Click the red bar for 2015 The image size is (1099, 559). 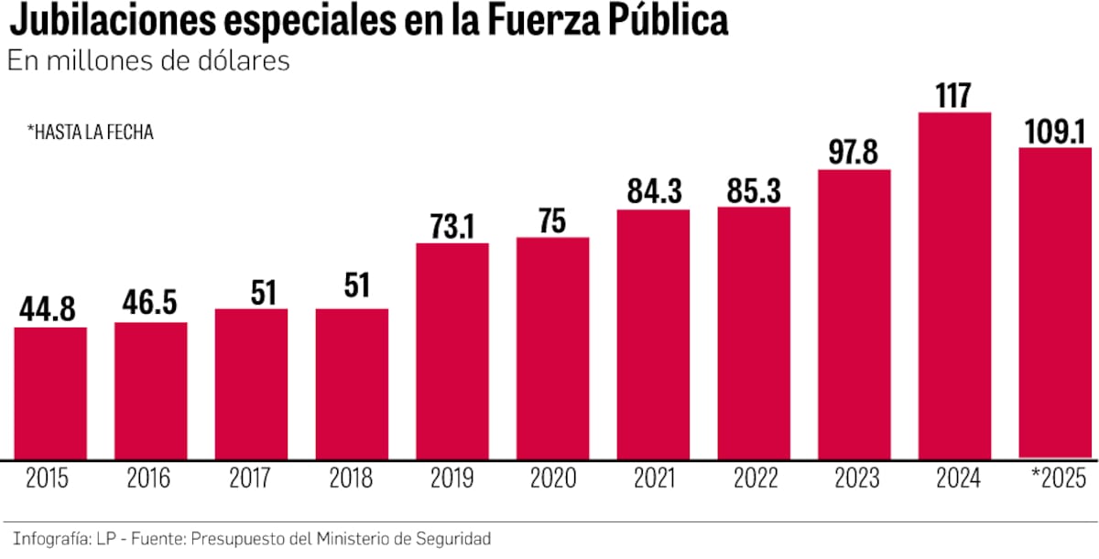point(50,392)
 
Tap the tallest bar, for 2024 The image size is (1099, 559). point(954,285)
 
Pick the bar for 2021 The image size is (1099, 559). point(653,334)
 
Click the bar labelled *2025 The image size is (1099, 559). point(1055,303)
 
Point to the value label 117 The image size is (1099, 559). point(954,95)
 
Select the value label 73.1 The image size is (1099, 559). point(452,226)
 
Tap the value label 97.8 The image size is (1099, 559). point(854,153)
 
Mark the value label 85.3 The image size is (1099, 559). point(754,190)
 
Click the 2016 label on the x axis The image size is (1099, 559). point(150,478)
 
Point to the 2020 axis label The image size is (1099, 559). point(552,478)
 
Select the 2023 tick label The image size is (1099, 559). point(854,478)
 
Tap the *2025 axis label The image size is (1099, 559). point(1055,478)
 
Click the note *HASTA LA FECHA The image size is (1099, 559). point(90,133)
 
